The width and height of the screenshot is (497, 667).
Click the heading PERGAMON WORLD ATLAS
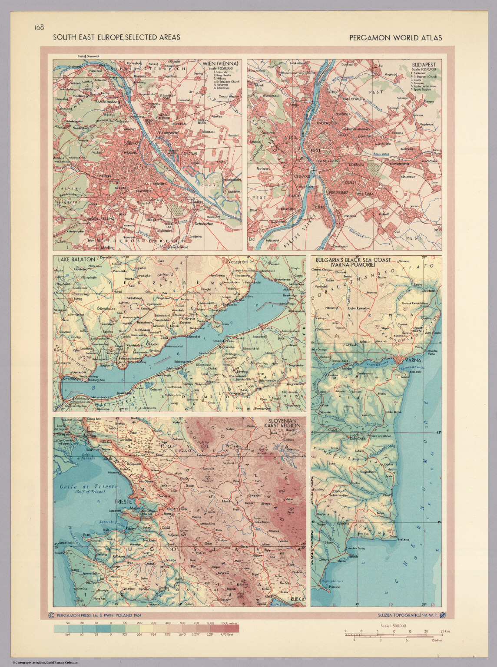point(395,38)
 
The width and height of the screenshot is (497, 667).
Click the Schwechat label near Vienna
point(206,224)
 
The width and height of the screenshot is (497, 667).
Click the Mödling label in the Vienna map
point(107,248)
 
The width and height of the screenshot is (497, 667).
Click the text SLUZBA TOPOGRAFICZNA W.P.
point(403,615)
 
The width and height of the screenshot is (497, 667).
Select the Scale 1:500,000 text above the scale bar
point(393,626)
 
